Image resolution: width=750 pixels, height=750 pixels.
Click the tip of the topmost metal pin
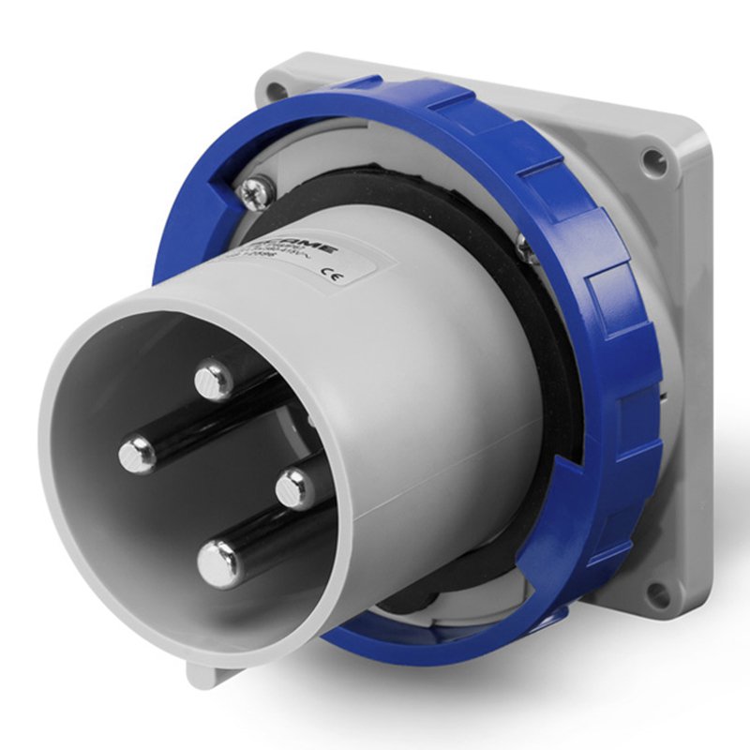(x=214, y=380)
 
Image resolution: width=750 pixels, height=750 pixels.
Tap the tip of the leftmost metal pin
(x=138, y=456)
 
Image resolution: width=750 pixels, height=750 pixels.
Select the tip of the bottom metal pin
(x=219, y=564)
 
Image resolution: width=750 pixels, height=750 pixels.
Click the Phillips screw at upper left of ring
(x=254, y=194)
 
